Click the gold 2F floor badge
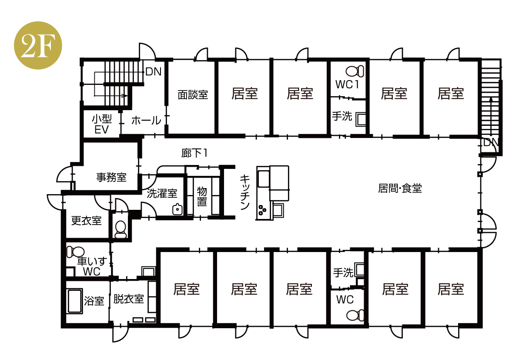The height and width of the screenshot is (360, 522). point(38,45)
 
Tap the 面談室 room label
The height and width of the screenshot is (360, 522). point(193,95)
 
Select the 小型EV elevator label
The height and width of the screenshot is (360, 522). point(102,124)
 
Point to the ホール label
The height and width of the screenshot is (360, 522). point(146,121)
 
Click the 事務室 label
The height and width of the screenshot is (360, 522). point(111,178)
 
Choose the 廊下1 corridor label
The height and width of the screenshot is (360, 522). point(194,153)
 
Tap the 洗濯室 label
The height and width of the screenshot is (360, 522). point(162,194)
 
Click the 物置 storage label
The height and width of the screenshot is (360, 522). point(202,196)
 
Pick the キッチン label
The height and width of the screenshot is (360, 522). point(244,192)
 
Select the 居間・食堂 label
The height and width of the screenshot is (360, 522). point(400,188)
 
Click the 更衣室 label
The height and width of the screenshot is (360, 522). point(87,221)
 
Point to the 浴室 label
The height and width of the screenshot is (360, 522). point(94,301)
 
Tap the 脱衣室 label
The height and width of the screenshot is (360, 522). point(129,299)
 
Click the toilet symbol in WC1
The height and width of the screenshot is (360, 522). point(355,71)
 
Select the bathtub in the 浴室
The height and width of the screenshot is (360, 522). point(75,301)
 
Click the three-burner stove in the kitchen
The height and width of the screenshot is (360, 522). point(263,210)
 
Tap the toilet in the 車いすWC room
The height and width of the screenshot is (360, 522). point(76,252)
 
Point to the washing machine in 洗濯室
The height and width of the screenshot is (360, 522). point(177,209)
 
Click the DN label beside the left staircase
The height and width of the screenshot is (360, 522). point(154,71)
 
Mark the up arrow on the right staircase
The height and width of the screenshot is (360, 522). point(491,117)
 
